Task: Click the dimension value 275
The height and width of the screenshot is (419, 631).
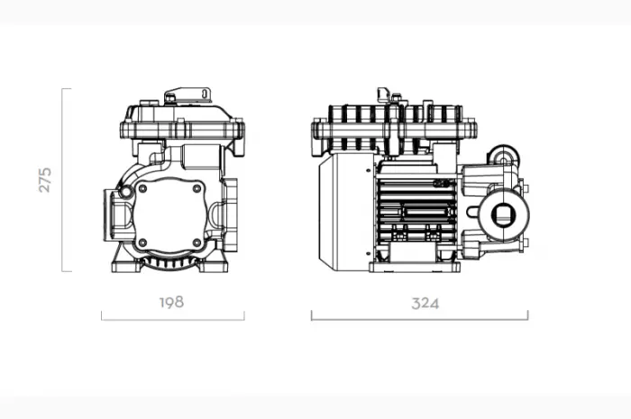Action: [45, 179]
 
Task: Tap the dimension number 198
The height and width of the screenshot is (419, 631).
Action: [172, 303]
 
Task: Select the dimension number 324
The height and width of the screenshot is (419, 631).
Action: [425, 303]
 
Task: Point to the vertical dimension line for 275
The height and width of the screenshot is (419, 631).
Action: [62, 179]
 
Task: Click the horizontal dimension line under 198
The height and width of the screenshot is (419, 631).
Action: [173, 320]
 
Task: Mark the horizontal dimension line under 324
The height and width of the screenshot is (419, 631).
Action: [419, 320]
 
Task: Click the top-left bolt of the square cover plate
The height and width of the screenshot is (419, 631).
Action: [142, 188]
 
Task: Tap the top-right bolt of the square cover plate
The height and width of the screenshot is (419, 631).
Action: [197, 188]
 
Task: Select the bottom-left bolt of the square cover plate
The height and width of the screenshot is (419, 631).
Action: [142, 242]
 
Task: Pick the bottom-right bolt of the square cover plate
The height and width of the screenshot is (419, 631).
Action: [197, 242]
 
